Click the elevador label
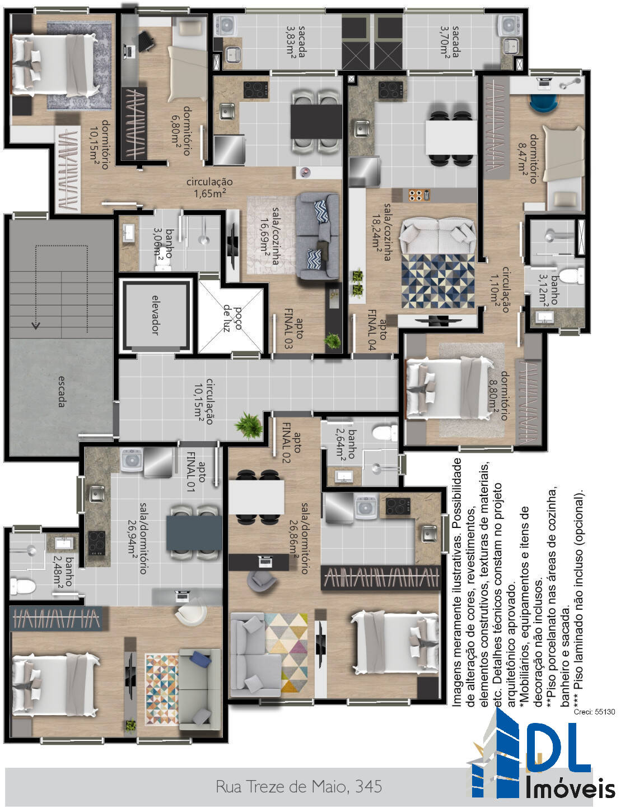156,315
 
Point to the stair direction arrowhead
36,326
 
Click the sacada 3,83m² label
296,41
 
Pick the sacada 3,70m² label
450,41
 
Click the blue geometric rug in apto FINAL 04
438,281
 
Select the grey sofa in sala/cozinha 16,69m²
318,236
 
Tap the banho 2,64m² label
346,443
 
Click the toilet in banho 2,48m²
23,587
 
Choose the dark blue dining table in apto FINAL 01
194,534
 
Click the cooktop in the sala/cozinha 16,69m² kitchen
256,90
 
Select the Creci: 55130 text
594,712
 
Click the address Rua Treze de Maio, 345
298,786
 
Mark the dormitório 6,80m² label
181,131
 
